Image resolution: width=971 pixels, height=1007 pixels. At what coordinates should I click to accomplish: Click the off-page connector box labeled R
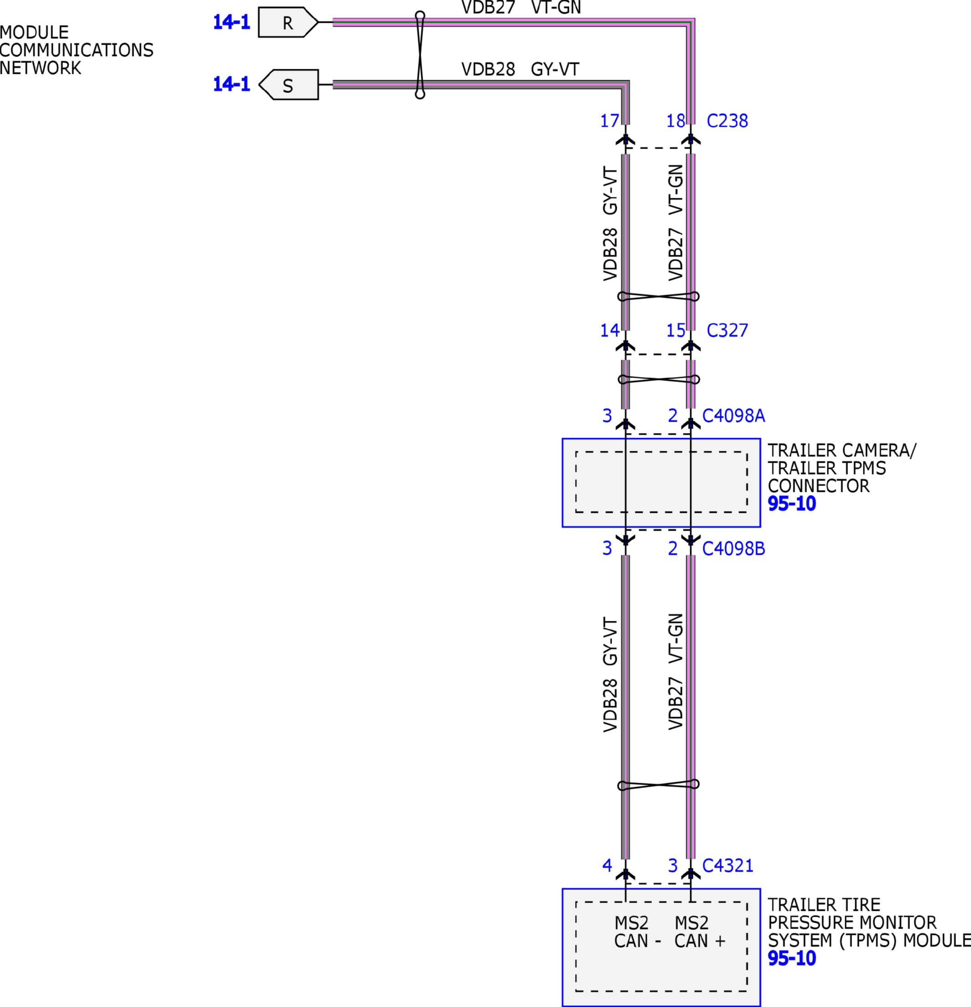pyautogui.click(x=287, y=23)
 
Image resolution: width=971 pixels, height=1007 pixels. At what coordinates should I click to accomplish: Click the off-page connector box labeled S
pyautogui.click(x=288, y=85)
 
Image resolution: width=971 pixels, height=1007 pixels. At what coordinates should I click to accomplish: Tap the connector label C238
pyautogui.click(x=727, y=121)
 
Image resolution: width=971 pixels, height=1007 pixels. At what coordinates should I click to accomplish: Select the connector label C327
pyautogui.click(x=727, y=331)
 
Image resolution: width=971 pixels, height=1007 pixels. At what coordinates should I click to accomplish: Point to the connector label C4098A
pyautogui.click(x=733, y=416)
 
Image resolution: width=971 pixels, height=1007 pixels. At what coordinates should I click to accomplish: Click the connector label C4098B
pyautogui.click(x=733, y=549)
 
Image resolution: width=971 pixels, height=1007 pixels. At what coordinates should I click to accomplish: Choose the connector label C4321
pyautogui.click(x=728, y=866)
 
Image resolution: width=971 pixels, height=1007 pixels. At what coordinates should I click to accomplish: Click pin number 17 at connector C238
pyautogui.click(x=609, y=121)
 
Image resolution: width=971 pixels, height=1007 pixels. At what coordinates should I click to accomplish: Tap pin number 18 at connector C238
pyautogui.click(x=675, y=121)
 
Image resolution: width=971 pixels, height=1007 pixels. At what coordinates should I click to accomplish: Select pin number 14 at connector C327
pyautogui.click(x=609, y=331)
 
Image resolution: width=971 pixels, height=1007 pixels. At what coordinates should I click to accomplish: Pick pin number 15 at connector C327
pyautogui.click(x=675, y=331)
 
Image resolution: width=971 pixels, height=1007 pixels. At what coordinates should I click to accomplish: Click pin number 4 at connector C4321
pyautogui.click(x=607, y=866)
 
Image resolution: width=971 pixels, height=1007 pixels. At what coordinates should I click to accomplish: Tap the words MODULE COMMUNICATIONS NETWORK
pyautogui.click(x=76, y=50)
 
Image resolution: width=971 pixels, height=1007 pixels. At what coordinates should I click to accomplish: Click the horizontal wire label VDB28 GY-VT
pyautogui.click(x=520, y=69)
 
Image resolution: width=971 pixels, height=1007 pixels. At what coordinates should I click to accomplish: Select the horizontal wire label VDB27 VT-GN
pyautogui.click(x=521, y=8)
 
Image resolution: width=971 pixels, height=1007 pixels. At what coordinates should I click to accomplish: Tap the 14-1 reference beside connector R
pyautogui.click(x=231, y=22)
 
